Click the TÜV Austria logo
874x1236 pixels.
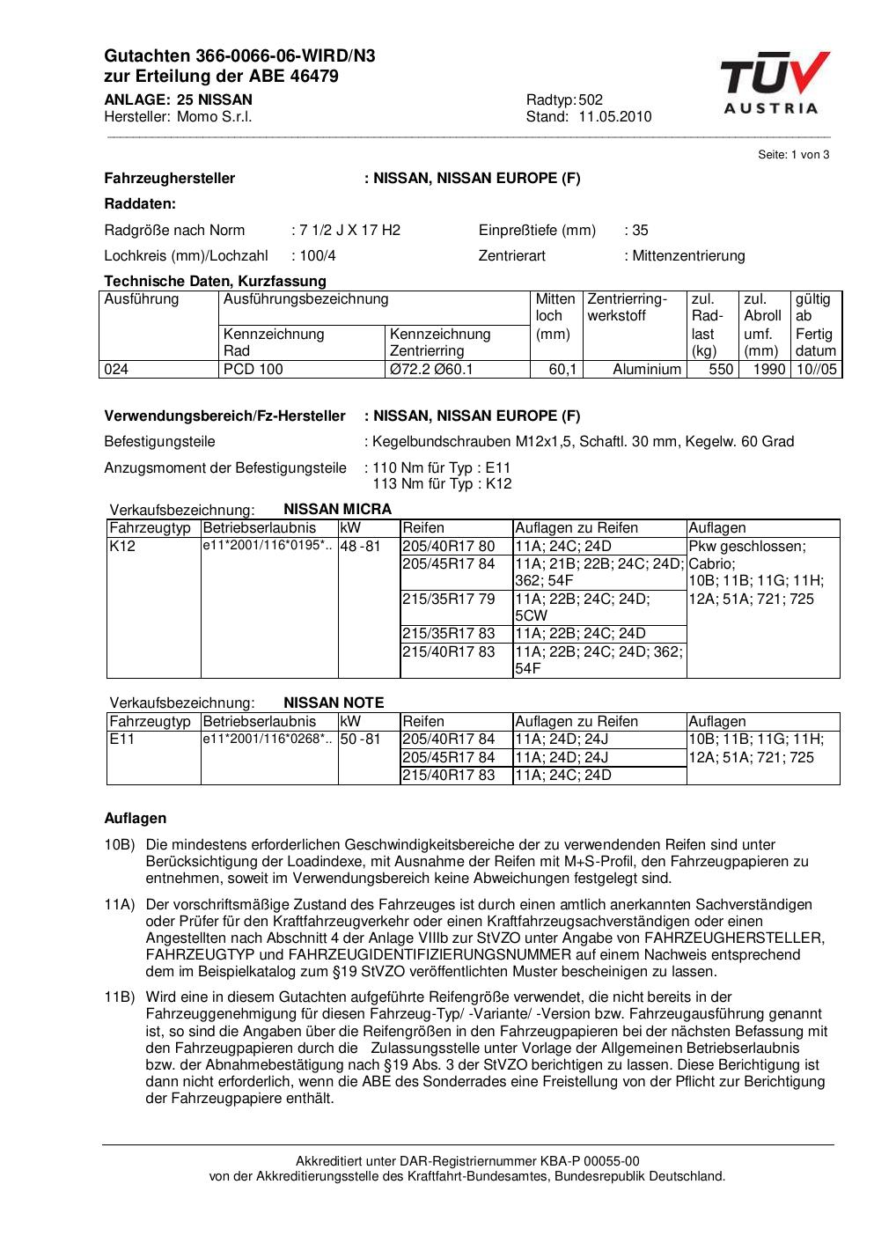pyautogui.click(x=773, y=83)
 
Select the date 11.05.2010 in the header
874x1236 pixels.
pyautogui.click(x=615, y=117)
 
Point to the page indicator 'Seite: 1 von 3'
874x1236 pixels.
pyautogui.click(x=793, y=155)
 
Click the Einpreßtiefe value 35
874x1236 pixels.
pyautogui.click(x=640, y=231)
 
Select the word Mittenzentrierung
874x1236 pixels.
pyautogui.click(x=687, y=256)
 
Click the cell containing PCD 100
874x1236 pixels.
pyautogui.click(x=253, y=370)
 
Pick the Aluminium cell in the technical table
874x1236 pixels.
pyautogui.click(x=647, y=370)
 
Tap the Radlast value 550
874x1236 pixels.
pyautogui.click(x=721, y=370)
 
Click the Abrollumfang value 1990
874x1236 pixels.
pyautogui.click(x=768, y=370)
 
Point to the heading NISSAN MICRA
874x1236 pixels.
pyautogui.click(x=337, y=509)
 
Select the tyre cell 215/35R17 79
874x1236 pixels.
pyautogui.click(x=448, y=600)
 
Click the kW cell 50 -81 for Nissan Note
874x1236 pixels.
pyautogui.click(x=360, y=739)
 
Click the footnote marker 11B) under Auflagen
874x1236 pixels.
pyautogui.click(x=119, y=997)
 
